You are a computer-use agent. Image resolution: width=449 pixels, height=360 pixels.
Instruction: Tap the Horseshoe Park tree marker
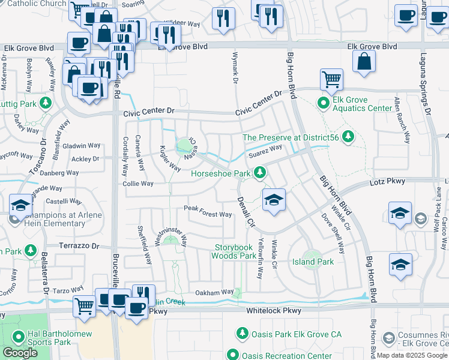(x=259, y=173)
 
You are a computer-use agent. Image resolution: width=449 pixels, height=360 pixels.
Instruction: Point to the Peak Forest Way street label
(x=208, y=214)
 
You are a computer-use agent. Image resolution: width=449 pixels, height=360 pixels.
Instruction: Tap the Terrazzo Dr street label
(x=79, y=246)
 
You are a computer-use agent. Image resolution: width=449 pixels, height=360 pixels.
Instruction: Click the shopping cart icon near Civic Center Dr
(x=331, y=79)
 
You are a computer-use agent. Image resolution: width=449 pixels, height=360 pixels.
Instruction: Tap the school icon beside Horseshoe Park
(x=274, y=199)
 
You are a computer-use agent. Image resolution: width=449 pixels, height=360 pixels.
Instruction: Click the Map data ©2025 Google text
(x=412, y=355)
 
